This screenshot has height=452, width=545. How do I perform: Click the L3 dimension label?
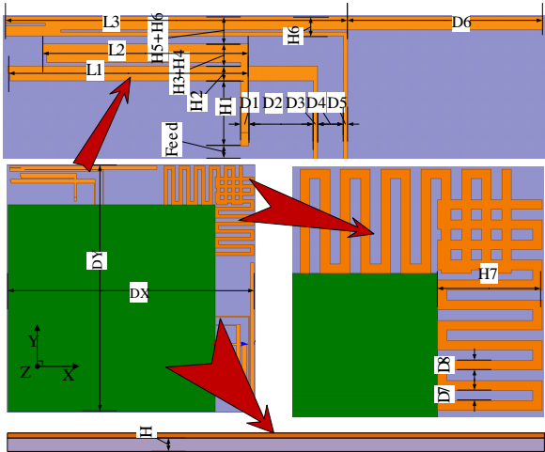[x=111, y=23]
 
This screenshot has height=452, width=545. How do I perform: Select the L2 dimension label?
[x=117, y=51]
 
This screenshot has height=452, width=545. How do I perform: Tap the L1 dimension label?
[x=95, y=70]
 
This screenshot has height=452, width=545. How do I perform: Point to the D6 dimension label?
[x=460, y=23]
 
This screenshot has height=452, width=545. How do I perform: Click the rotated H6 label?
[x=294, y=35]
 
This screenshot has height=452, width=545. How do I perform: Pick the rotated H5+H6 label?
[x=158, y=38]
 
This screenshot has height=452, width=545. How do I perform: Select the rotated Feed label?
[x=172, y=139]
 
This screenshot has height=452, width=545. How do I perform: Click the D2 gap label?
[x=272, y=103]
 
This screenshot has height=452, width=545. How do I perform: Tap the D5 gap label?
[x=336, y=103]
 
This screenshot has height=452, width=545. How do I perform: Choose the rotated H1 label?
[x=225, y=106]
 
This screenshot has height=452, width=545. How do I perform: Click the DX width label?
[x=139, y=293]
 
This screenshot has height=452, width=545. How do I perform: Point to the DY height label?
[x=97, y=260]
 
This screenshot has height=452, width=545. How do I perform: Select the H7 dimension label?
[x=489, y=273]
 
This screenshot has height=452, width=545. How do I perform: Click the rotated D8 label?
[x=444, y=365]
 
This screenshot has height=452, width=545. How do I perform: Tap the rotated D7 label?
[x=444, y=394]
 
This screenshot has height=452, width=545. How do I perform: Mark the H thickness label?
[x=147, y=432]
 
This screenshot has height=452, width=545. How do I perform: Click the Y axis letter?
[x=33, y=341]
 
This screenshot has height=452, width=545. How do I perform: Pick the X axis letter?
[x=69, y=376]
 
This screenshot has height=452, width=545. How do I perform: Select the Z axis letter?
[x=25, y=372]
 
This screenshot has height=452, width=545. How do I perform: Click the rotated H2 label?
[x=196, y=101]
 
